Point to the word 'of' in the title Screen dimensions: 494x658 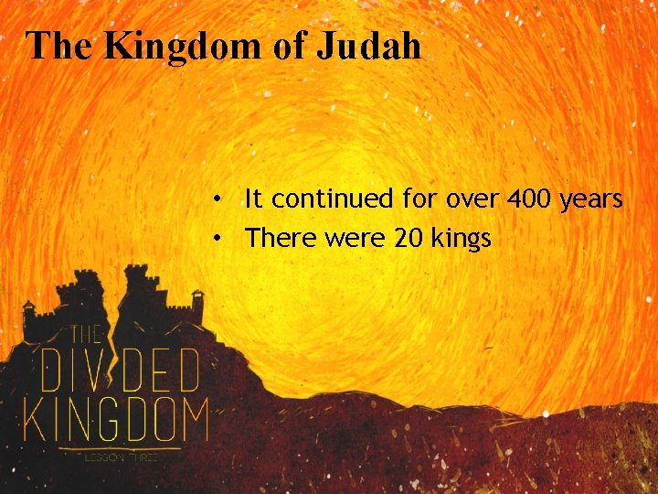point(289,46)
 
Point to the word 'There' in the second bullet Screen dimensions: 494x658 point(277,239)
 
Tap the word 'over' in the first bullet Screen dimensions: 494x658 point(444,199)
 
